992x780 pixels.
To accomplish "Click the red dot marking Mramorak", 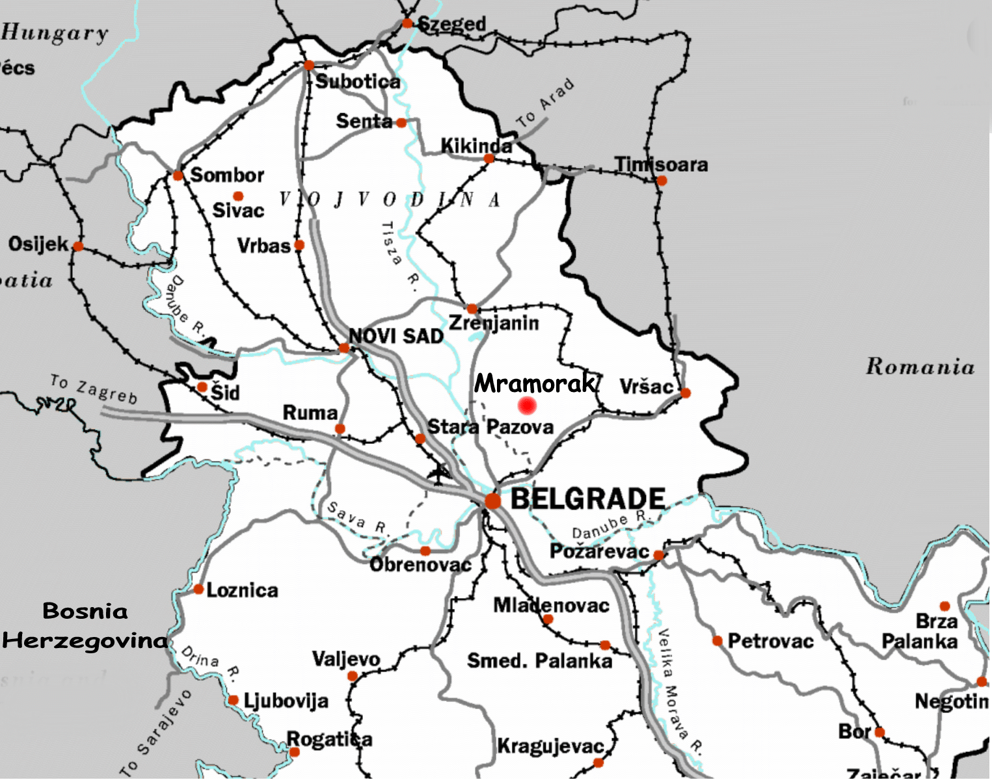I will point(527,406).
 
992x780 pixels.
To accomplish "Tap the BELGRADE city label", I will point(587,499).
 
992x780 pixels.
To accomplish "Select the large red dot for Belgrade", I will point(493,500).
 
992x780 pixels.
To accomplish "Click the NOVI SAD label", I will point(395,336).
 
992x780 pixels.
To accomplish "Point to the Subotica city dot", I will point(309,65).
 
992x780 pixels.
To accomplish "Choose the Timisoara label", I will point(662,164).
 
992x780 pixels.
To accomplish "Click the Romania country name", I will point(920,367).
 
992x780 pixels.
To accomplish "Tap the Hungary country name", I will point(55,33).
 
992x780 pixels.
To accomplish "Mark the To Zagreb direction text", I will point(94,389).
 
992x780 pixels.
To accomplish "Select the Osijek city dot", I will point(78,246).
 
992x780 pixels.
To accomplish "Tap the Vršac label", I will point(645,387).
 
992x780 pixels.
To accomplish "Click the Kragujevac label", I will point(550,746).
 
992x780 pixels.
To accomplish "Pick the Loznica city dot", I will point(198,589).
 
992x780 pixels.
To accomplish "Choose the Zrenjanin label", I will point(494,323).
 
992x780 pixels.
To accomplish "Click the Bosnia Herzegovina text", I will point(85,626).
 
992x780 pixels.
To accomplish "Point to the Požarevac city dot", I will point(658,554).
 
